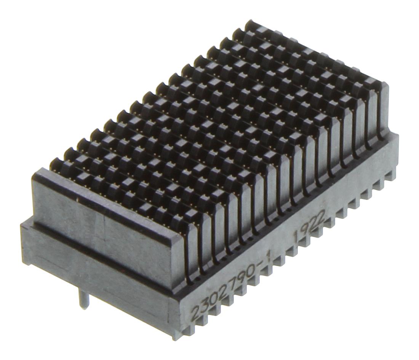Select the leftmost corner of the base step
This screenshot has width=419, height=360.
(22, 225)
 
